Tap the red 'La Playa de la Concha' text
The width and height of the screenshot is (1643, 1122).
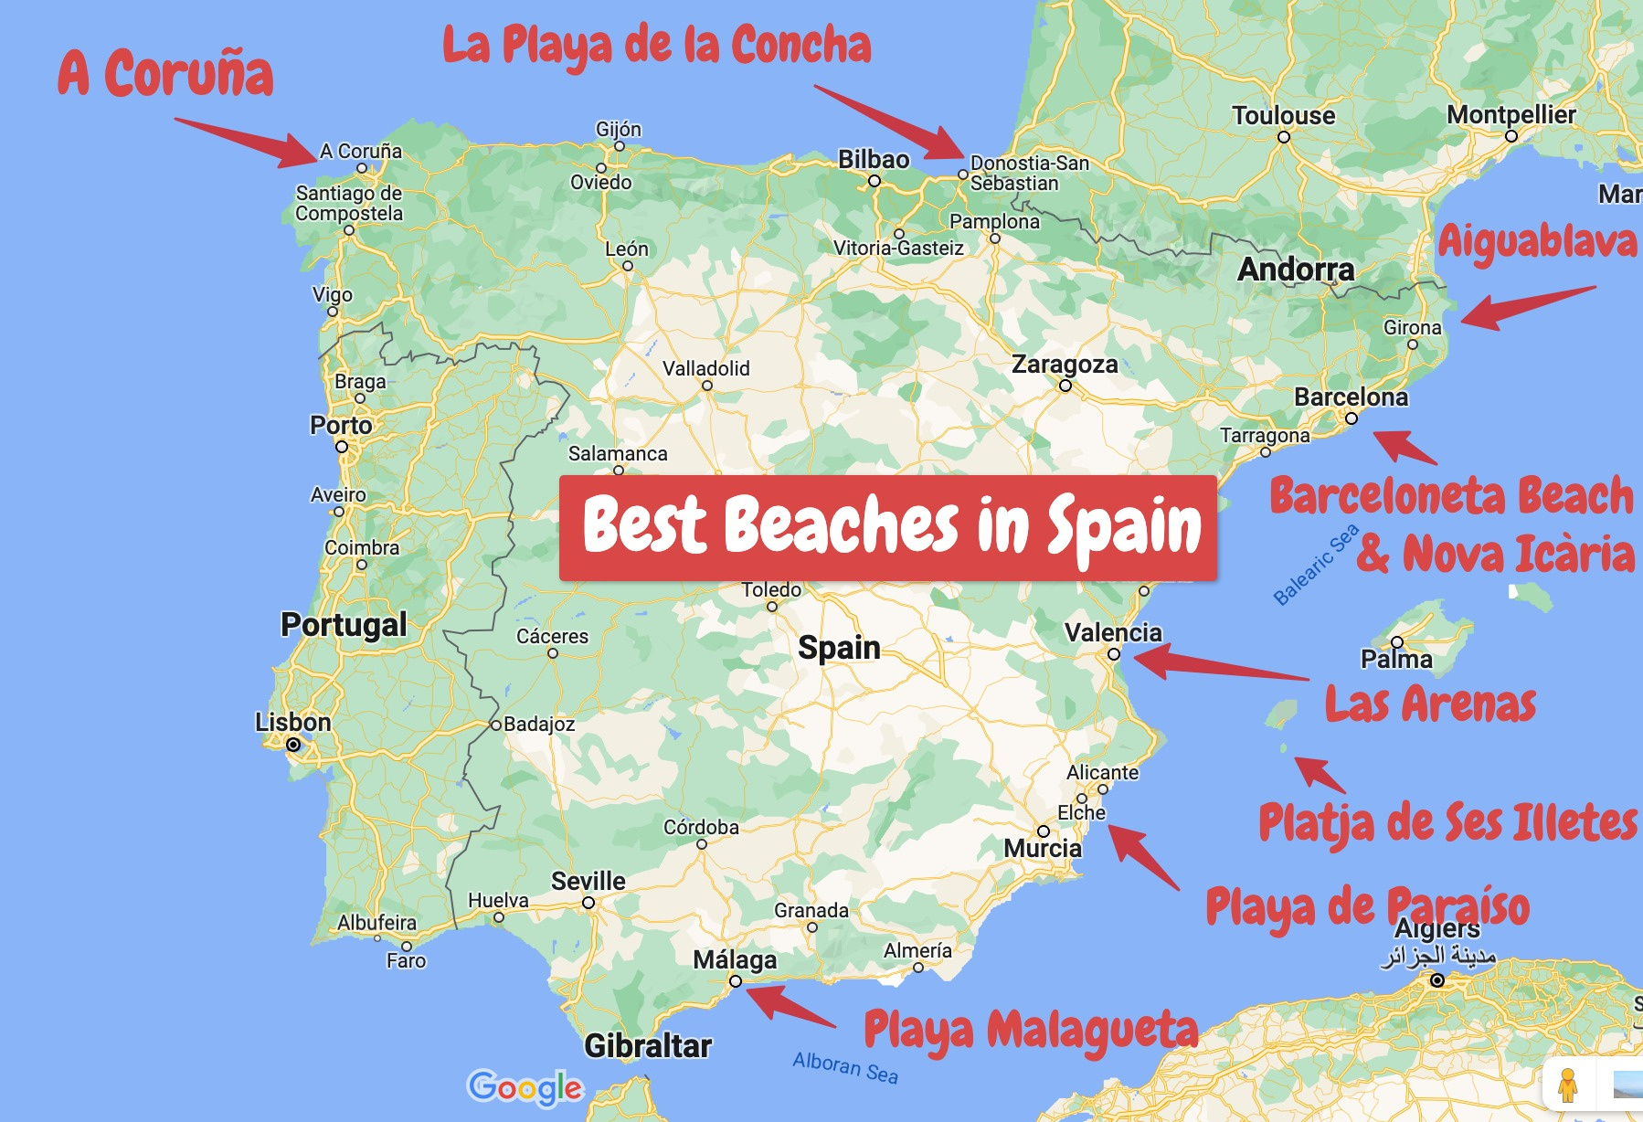coord(656,46)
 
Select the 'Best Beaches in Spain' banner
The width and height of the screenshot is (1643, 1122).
coord(887,527)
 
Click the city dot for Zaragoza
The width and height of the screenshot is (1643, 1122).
coord(1065,386)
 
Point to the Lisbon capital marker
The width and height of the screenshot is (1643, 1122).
coord(293,745)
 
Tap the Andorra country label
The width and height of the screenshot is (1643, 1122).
coord(1296,270)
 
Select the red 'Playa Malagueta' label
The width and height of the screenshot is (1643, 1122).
coord(1030,1031)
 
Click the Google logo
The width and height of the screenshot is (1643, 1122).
coord(525,1087)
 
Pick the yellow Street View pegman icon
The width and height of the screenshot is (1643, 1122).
coord(1568,1085)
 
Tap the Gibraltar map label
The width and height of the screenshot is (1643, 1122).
coord(647,1045)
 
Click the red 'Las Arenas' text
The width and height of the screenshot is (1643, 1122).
coord(1430,704)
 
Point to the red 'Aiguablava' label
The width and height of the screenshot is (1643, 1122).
coord(1537,241)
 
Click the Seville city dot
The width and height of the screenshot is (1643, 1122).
coord(588,903)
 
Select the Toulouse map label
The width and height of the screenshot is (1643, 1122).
coord(1283,116)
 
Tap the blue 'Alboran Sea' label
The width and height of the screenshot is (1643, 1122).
coord(845,1067)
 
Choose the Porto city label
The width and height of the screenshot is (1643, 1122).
coord(341,426)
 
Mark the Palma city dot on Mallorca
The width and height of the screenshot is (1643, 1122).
coord(1397,642)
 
